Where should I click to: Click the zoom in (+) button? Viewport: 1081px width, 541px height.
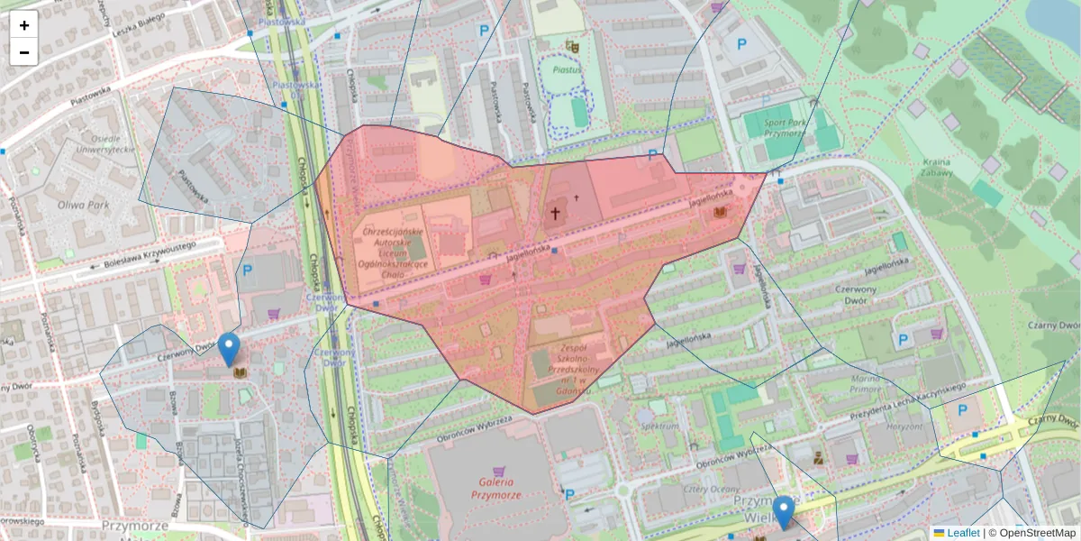[x=24, y=25]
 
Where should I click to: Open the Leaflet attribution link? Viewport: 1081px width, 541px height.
[x=962, y=533]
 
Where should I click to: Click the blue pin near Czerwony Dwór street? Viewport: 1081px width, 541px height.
[x=230, y=348]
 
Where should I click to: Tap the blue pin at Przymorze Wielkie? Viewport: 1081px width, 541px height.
[x=784, y=511]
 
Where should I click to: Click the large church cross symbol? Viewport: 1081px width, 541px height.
[x=556, y=214]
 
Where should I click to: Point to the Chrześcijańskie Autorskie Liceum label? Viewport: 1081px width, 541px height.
[x=393, y=248]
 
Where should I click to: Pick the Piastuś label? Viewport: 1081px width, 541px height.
[x=566, y=68]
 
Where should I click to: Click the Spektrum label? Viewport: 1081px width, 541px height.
[x=659, y=424]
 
